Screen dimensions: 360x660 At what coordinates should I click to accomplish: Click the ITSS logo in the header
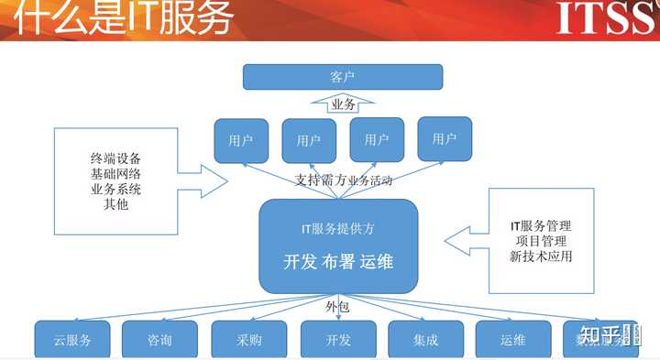coord(605,16)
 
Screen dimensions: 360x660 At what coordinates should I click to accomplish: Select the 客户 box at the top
coord(342,76)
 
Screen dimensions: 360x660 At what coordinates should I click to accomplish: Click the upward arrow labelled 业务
coord(342,104)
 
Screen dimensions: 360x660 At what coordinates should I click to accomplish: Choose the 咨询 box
coord(159,341)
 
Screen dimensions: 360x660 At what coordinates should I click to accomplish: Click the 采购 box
coord(249,341)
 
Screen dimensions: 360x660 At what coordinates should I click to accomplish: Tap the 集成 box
coord(425,341)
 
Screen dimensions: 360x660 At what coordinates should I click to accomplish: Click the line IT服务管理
coord(541,224)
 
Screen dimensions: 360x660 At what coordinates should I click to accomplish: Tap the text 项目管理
coord(541,240)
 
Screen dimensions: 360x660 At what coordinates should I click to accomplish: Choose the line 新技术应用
coord(541,256)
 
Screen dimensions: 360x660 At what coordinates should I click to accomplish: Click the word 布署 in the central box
coord(338,261)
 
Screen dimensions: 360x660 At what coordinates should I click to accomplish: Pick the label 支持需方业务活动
coord(344,180)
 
